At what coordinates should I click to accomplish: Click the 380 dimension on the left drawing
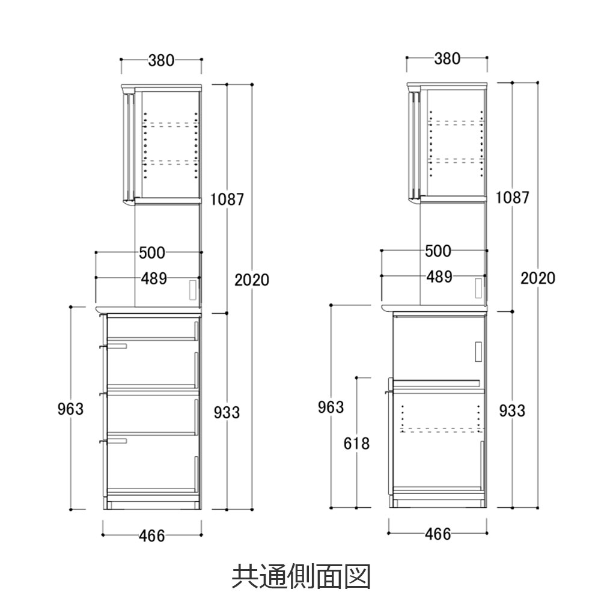click(x=160, y=60)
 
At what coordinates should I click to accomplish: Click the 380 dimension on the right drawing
click(x=447, y=59)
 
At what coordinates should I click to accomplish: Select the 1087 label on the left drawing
click(x=227, y=199)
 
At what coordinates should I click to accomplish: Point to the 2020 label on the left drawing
click(x=252, y=279)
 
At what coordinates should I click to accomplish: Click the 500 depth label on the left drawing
click(x=152, y=253)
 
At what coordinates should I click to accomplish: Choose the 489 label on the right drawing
click(x=439, y=277)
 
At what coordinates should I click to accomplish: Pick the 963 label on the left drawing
click(x=70, y=409)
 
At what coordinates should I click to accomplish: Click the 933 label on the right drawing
click(x=512, y=410)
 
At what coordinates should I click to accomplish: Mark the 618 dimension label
click(x=356, y=444)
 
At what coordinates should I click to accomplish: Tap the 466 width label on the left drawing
click(x=151, y=536)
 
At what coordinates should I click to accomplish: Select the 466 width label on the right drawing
click(x=438, y=534)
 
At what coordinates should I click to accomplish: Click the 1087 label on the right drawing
click(x=513, y=197)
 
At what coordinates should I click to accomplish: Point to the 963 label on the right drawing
click(x=331, y=407)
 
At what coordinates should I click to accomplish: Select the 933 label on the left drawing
click(x=227, y=412)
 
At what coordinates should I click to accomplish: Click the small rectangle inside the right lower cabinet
click(x=478, y=352)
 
